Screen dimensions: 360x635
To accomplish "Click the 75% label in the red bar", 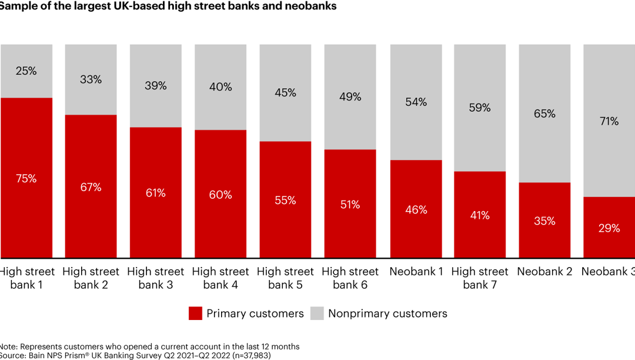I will (x=26, y=179).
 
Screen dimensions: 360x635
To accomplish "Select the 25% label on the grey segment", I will (x=26, y=71).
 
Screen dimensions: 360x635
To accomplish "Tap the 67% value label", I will (x=91, y=187).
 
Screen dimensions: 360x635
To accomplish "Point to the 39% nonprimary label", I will (x=155, y=85).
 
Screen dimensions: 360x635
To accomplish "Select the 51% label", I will (x=350, y=205).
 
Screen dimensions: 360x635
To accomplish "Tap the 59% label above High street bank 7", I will (x=480, y=108).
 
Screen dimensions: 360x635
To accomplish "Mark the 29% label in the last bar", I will (x=609, y=228).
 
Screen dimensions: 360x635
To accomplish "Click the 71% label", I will (x=609, y=121).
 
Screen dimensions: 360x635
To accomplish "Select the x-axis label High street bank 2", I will (x=91, y=278).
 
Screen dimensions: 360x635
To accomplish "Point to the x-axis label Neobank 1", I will (x=416, y=272).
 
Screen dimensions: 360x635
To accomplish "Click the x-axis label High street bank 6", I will (x=350, y=278).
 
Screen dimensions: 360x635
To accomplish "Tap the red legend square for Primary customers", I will (x=195, y=314).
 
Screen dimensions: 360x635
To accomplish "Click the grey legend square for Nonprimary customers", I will (x=317, y=314).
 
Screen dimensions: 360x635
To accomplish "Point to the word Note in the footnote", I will (x=7, y=346).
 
